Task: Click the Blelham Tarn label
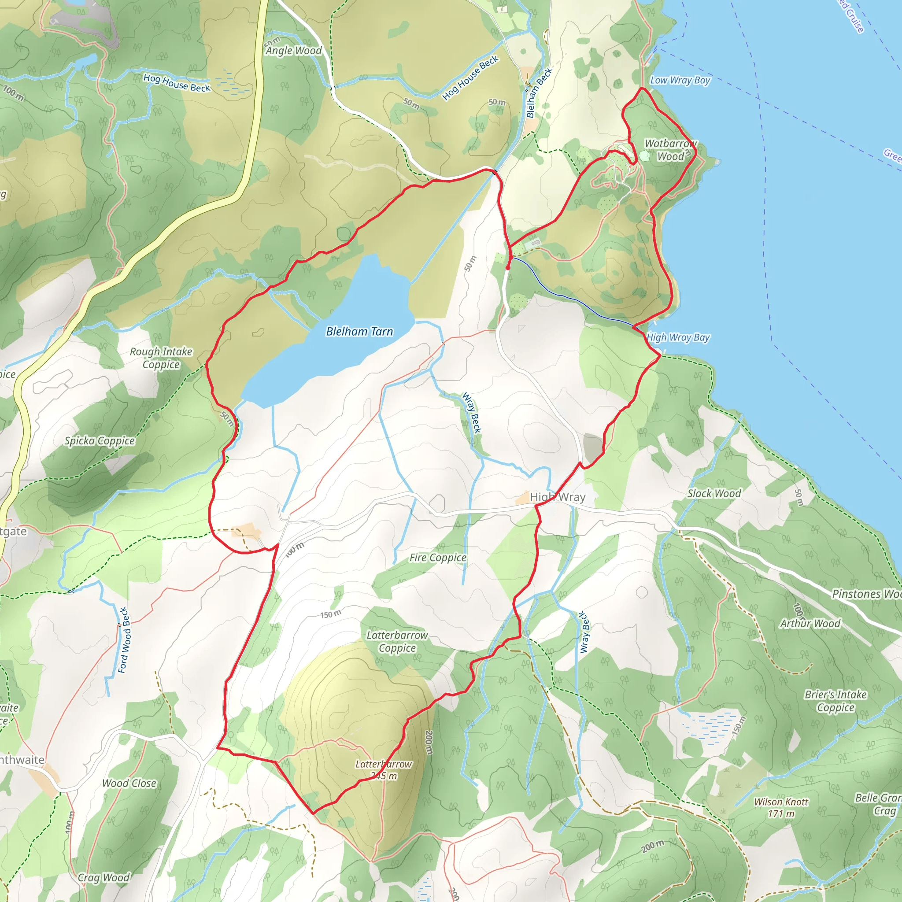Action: tap(359, 332)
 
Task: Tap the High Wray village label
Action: tap(558, 497)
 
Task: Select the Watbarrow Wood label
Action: tap(670, 150)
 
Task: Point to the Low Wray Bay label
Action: tap(680, 80)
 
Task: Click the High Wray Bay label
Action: tap(678, 337)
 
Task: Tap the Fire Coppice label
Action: tap(437, 558)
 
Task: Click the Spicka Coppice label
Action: tap(100, 441)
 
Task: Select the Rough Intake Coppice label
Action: tap(161, 358)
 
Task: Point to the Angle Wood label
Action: tap(294, 50)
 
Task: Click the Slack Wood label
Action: tap(714, 493)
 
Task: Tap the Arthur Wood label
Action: tap(810, 624)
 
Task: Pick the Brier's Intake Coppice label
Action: tap(835, 701)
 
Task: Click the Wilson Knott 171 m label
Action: tap(781, 808)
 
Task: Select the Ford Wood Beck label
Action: tap(123, 640)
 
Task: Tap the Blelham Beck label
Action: tap(539, 92)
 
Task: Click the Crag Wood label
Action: tap(104, 878)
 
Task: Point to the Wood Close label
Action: tap(129, 783)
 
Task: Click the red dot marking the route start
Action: tap(508, 268)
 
